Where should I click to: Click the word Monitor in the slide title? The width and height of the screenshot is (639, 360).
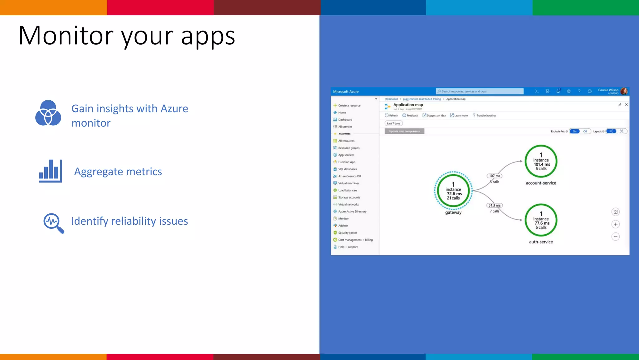66,36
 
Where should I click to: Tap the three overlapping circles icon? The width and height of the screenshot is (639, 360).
48,113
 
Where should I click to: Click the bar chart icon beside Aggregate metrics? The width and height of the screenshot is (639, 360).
51,171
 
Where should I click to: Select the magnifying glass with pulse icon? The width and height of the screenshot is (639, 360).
53,223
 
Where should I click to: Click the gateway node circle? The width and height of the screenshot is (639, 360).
453,191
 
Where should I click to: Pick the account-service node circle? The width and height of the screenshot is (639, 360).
541,161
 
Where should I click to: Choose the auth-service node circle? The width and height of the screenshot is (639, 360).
541,220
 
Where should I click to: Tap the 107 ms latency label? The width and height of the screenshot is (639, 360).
495,176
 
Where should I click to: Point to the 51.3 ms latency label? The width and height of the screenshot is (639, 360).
495,205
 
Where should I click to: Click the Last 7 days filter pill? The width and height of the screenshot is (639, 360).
393,123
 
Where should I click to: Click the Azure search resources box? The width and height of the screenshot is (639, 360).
480,91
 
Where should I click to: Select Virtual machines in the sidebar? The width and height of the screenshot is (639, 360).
349,183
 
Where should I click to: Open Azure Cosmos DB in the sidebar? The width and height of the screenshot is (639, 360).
349,176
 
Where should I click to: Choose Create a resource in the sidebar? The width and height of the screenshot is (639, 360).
349,106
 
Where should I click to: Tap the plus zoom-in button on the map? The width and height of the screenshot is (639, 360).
616,224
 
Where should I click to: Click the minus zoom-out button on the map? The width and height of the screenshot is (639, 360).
616,237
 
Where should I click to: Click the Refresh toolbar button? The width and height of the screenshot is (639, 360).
392,115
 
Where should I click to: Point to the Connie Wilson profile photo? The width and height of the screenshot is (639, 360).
624,91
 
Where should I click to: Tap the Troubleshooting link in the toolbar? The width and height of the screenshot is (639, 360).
485,116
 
